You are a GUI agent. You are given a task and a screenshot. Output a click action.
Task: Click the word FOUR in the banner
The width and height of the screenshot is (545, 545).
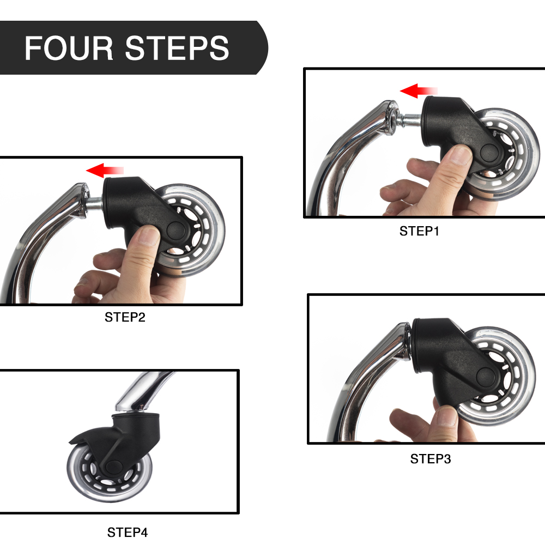tap(69, 48)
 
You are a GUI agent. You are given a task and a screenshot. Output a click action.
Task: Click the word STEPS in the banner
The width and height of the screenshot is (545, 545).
tap(177, 48)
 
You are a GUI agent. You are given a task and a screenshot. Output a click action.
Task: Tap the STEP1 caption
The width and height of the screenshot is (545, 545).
tap(419, 231)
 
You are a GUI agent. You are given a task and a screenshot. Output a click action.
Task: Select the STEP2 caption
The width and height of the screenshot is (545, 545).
tap(125, 317)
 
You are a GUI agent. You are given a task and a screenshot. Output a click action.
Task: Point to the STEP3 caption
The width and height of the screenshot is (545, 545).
tap(431, 459)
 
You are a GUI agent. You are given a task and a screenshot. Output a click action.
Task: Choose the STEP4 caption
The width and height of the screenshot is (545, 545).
tap(127, 532)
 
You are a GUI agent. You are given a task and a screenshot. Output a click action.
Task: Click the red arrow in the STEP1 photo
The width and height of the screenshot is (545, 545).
tap(419, 90)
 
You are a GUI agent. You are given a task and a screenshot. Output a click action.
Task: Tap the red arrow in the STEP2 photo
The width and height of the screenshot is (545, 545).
tap(105, 170)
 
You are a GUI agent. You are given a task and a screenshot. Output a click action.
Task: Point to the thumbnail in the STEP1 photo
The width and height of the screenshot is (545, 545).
tap(461, 155)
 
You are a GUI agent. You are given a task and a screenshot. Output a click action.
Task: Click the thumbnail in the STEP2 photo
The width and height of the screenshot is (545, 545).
tap(148, 235)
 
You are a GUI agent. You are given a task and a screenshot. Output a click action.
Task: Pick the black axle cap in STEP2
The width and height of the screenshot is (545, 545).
tap(177, 231)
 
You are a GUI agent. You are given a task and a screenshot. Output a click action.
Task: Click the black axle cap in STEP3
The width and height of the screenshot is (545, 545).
tap(486, 378)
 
